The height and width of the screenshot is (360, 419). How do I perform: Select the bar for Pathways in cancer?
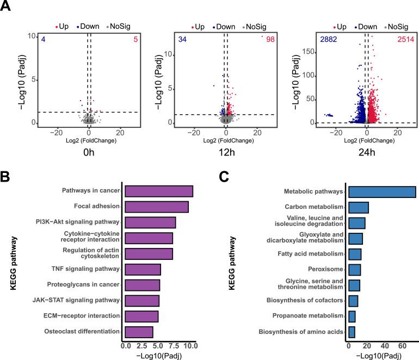pos(159,191)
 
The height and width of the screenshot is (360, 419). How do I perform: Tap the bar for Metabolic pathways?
pos(382,191)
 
